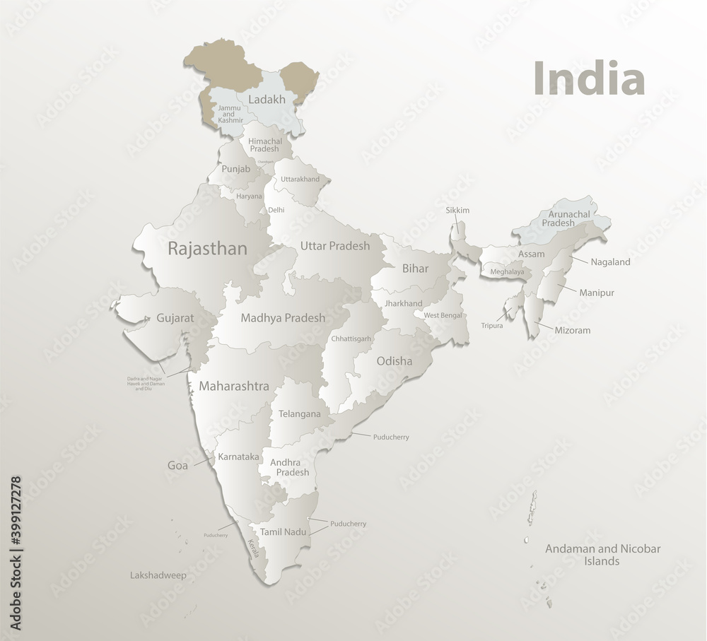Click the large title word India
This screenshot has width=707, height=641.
588,78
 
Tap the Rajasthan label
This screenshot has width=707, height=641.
207,249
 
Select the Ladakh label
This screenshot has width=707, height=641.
267,100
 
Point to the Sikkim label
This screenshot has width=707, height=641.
457,211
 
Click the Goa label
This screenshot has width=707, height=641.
177,466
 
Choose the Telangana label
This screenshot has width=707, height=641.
300,413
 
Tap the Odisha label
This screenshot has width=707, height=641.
395,361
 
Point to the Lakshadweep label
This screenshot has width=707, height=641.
158,575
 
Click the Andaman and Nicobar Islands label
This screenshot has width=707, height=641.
602,555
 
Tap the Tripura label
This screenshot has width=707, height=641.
492,326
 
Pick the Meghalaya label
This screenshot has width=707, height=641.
507,271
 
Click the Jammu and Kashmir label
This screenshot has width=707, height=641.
230,114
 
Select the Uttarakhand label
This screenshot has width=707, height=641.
300,179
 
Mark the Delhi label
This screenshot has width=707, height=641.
276,211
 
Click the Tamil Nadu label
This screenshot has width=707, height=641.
282,531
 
